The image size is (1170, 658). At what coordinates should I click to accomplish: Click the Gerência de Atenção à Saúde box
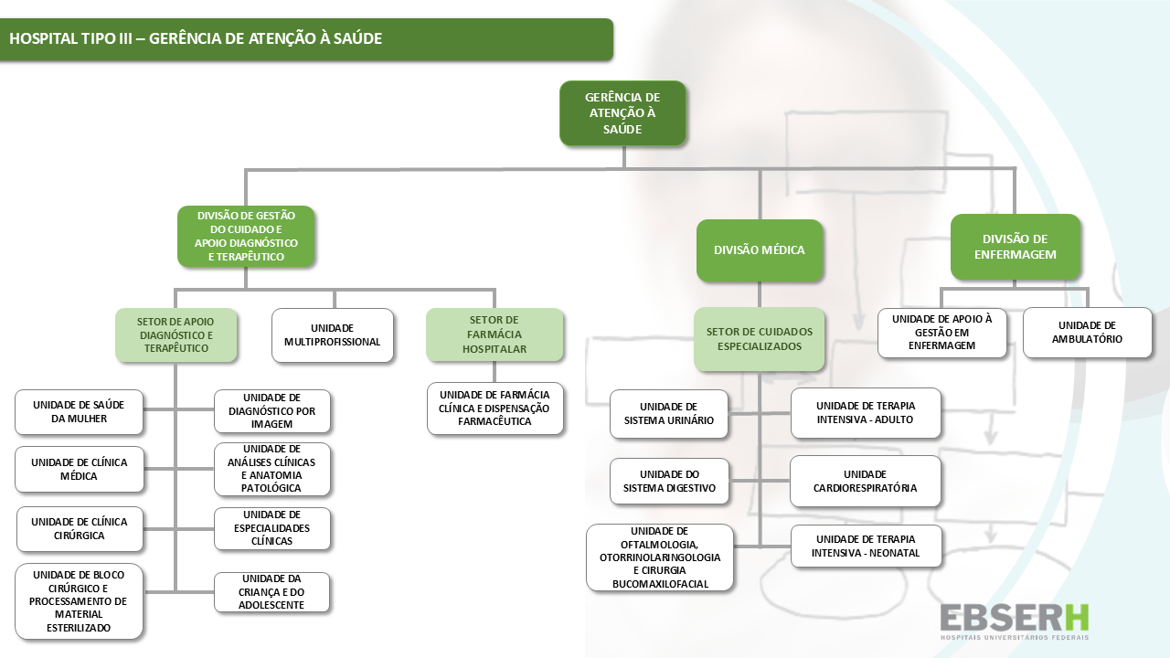pyautogui.click(x=622, y=113)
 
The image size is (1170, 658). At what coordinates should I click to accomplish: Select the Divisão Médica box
pyautogui.click(x=759, y=250)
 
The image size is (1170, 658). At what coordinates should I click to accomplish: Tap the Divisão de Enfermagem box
pyautogui.click(x=1015, y=247)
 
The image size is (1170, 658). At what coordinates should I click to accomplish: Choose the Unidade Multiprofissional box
pyautogui.click(x=333, y=335)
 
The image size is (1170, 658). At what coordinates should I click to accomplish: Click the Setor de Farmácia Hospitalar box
pyautogui.click(x=495, y=334)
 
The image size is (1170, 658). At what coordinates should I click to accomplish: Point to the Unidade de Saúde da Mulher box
pyautogui.click(x=79, y=412)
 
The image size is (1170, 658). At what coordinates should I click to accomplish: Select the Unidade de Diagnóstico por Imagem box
pyautogui.click(x=272, y=411)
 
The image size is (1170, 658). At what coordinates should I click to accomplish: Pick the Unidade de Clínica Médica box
pyautogui.click(x=79, y=469)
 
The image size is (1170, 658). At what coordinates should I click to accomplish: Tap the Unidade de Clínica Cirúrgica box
pyautogui.click(x=80, y=529)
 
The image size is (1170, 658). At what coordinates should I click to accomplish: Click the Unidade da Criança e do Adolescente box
pyautogui.click(x=272, y=592)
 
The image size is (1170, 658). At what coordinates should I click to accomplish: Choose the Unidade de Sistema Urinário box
pyautogui.click(x=669, y=414)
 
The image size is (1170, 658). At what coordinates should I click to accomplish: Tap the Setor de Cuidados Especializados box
pyautogui.click(x=759, y=339)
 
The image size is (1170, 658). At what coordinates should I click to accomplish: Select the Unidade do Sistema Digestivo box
pyautogui.click(x=669, y=481)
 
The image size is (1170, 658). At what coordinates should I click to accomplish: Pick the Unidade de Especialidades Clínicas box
pyautogui.click(x=272, y=528)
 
